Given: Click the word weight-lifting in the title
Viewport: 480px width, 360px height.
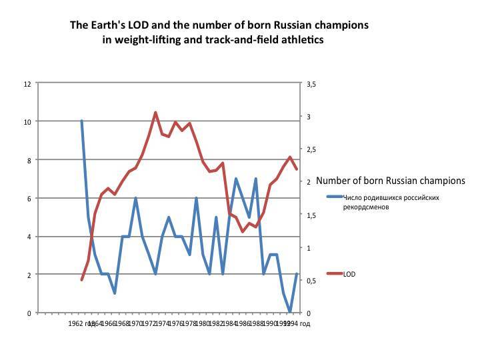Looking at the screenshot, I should (147, 40).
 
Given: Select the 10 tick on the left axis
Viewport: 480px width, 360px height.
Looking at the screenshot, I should (27, 121).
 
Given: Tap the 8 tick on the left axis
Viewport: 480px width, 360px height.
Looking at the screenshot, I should (29, 160).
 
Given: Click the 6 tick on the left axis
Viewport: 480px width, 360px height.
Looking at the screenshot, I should (29, 198).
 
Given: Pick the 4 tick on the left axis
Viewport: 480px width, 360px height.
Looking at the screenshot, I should (29, 237).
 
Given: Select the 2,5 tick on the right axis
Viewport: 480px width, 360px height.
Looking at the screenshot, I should (311, 149).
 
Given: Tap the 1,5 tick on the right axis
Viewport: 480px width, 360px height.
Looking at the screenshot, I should (311, 215).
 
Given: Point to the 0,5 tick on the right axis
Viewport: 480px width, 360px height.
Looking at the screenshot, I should (311, 281).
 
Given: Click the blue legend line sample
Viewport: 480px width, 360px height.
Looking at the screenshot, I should (335, 197).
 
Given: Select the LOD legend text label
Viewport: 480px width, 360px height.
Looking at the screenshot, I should (349, 273).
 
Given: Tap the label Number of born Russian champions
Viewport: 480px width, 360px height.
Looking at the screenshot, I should (390, 181).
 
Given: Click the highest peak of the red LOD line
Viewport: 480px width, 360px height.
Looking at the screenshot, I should (155, 113).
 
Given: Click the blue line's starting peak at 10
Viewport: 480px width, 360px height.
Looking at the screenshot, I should (81, 121).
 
